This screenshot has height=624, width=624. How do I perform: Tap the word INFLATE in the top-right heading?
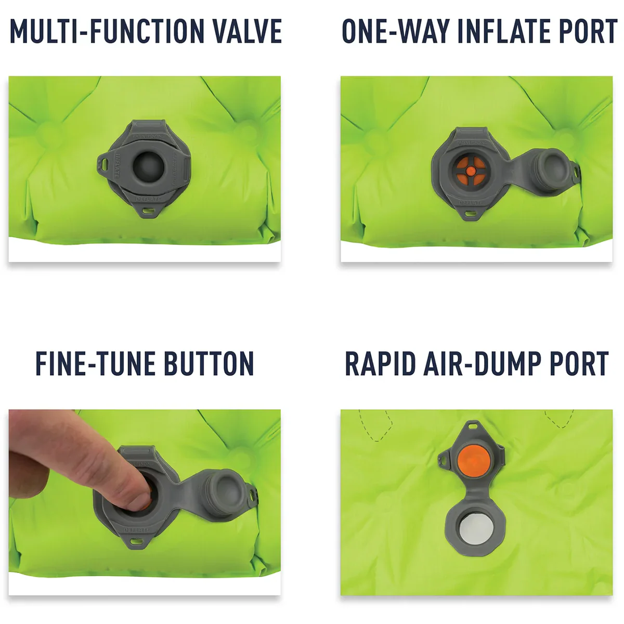[x=496, y=31]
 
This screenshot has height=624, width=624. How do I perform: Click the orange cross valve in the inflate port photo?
[x=470, y=170]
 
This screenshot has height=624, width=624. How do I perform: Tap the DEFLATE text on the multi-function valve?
[x=149, y=199]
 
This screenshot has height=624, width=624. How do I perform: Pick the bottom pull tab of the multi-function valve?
[x=149, y=211]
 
